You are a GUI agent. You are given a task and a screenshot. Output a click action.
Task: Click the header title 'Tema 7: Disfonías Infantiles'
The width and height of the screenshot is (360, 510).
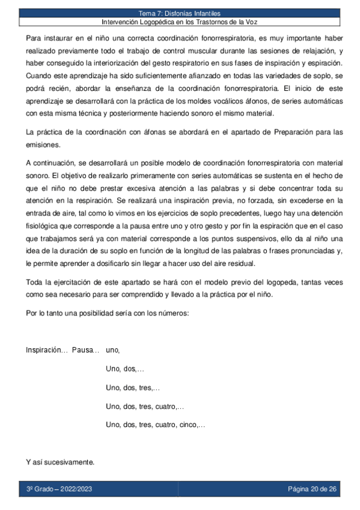point(180,13)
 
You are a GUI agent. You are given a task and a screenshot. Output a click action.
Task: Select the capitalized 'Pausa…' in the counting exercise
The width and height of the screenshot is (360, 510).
point(85,350)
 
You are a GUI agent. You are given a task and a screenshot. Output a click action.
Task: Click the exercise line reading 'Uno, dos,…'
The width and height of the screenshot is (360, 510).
point(125,369)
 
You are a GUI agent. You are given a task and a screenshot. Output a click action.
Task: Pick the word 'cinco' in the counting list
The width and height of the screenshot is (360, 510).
point(189,425)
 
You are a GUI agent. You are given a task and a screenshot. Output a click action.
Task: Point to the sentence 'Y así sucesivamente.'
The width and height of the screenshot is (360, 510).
point(60,462)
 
